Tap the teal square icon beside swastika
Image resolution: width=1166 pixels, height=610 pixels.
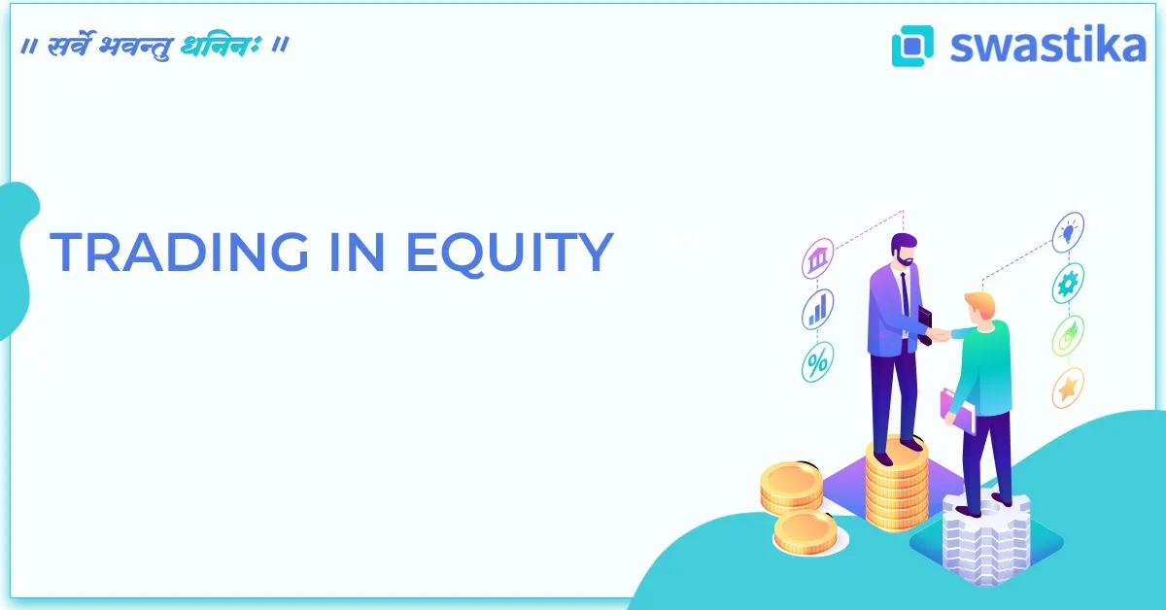pos(912,45)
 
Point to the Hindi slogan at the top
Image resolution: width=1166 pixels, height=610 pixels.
pos(154,46)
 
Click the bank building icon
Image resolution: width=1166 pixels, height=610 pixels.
pos(817,260)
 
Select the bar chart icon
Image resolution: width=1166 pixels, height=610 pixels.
pos(817,310)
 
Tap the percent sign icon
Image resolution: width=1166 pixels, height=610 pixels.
pos(817,361)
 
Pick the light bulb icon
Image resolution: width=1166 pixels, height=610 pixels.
pos(1068,232)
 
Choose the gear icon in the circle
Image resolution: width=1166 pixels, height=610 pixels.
pos(1068,284)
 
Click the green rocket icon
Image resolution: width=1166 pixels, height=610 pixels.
pos(1068,336)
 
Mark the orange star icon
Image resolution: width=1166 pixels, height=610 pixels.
pos(1068,389)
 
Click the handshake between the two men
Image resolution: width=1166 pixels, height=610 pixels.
pos(939,334)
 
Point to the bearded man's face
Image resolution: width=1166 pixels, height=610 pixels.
pos(905,254)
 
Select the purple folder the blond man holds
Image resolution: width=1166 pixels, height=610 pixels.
pos(955,409)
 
